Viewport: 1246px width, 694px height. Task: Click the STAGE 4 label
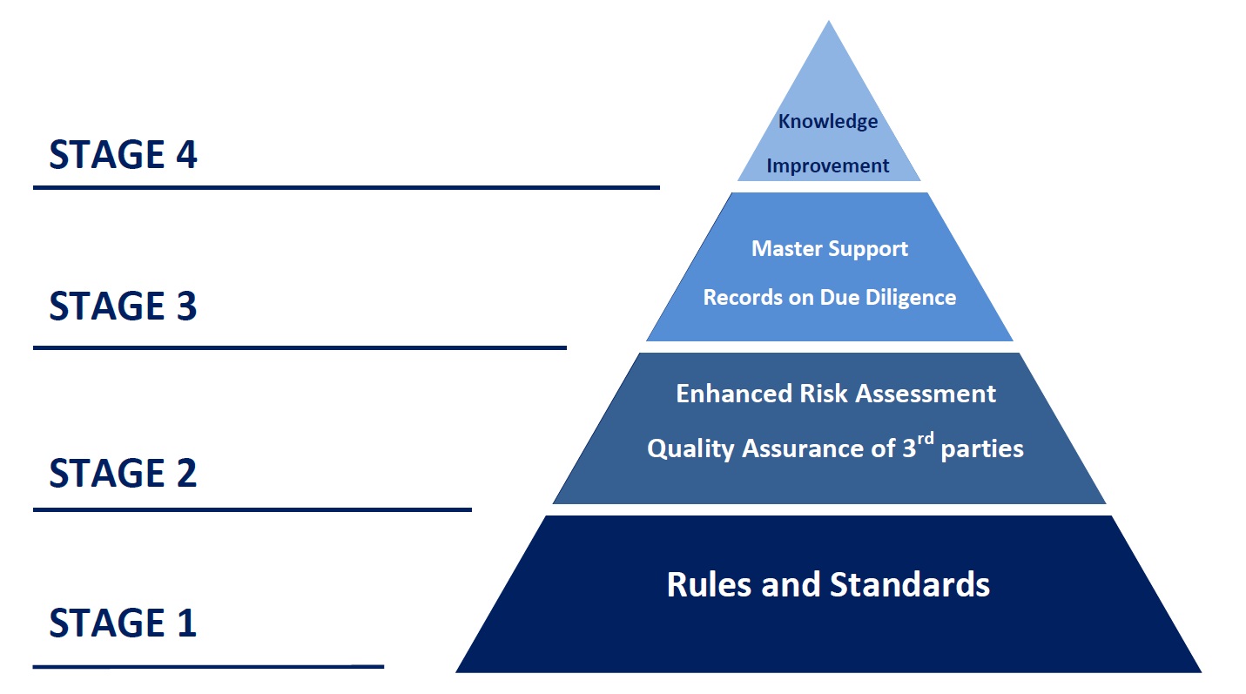(x=123, y=155)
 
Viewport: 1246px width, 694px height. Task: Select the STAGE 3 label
(x=123, y=306)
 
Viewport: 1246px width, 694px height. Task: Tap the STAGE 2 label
(x=123, y=473)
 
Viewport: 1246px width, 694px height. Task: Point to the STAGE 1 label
(x=123, y=623)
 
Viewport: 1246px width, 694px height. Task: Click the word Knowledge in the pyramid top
(x=828, y=122)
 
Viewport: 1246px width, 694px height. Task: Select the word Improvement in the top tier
(x=828, y=166)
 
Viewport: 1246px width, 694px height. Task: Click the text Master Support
(x=830, y=249)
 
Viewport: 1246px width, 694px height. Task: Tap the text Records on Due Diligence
(x=830, y=298)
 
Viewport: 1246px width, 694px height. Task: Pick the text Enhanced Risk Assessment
(x=836, y=394)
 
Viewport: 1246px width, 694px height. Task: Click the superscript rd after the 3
(x=925, y=440)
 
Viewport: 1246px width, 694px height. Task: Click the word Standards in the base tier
(x=910, y=584)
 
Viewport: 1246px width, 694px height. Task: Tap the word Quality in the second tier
(x=690, y=448)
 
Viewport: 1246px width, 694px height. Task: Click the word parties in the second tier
(x=982, y=449)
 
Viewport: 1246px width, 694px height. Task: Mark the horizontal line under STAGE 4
(x=347, y=188)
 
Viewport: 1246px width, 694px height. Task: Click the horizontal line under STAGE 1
(x=209, y=666)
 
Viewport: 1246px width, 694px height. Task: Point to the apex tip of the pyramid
(x=829, y=21)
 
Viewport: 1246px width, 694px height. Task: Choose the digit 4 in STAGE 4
(x=186, y=155)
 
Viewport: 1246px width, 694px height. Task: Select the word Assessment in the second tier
(x=926, y=394)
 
